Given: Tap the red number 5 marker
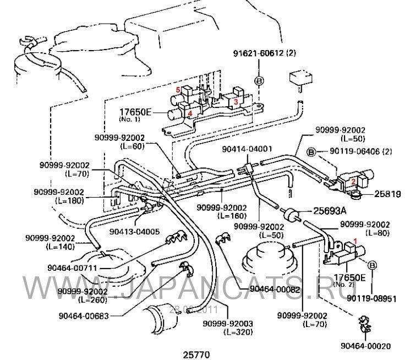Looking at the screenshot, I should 178,89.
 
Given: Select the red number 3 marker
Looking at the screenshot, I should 235,101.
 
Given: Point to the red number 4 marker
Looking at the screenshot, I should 189,114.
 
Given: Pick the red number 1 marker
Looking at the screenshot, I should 355,241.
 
